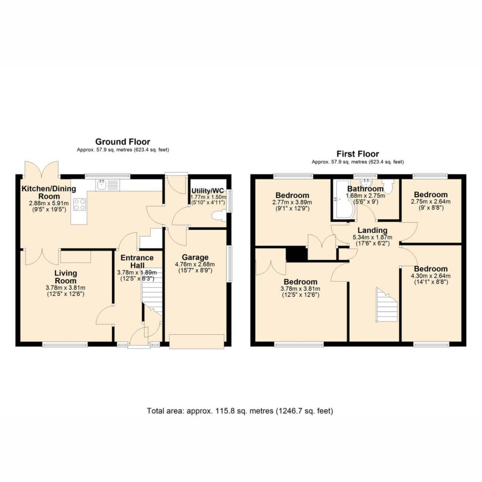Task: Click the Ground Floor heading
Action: coord(123,142)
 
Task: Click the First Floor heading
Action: coord(358,154)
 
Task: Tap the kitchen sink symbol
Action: coord(108,185)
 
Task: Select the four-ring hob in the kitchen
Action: coord(80,204)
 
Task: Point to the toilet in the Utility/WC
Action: coord(219,216)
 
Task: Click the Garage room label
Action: coord(195,257)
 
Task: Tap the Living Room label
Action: coord(65,277)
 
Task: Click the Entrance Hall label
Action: coord(137,261)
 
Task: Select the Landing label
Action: coord(372,230)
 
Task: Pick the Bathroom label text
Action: coord(365,189)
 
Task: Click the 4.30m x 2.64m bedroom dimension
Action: coord(431,276)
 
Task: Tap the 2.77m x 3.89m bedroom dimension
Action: coord(292,202)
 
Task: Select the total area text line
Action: coord(240,411)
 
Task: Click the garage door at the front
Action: coord(197,342)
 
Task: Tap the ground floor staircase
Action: coord(152,292)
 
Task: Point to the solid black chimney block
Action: coord(297,254)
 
